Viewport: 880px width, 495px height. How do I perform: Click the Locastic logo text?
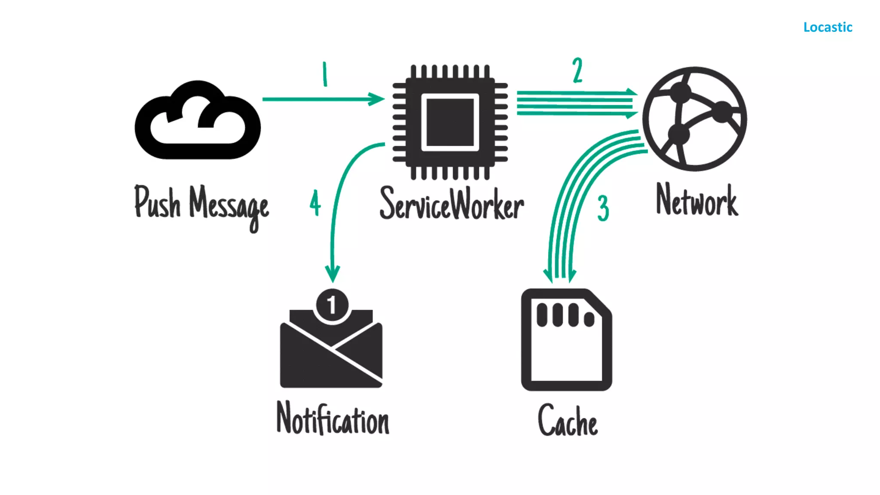point(828,27)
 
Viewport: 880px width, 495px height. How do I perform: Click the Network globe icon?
point(695,119)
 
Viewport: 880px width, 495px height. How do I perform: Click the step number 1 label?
point(325,74)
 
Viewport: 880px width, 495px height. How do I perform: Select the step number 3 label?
point(603,208)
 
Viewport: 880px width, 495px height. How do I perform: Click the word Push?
point(157,202)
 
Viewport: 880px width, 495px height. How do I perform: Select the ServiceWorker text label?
point(452,204)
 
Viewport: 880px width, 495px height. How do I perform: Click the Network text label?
point(697,200)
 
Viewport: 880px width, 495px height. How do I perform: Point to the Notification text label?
point(333,419)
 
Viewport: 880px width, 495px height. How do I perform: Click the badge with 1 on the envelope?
point(332,305)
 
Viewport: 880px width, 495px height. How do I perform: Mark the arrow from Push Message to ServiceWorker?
point(322,99)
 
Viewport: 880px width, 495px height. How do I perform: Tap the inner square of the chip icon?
point(450,122)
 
